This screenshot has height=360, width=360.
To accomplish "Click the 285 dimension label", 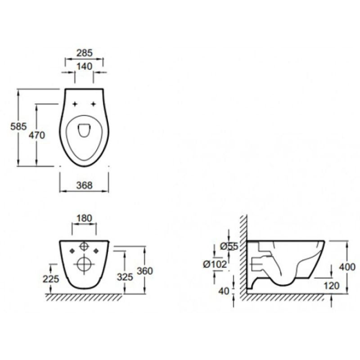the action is (84, 53).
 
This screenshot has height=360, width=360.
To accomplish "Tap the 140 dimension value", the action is (84, 66).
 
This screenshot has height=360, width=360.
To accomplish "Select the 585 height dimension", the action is (18, 126).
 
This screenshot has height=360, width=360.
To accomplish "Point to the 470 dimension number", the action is (37, 135).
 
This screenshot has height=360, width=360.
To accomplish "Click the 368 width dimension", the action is (84, 185).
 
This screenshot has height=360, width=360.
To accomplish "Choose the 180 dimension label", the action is (84, 218).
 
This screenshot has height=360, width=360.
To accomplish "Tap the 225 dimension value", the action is (51, 279).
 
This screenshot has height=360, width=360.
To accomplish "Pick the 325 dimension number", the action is (125, 277).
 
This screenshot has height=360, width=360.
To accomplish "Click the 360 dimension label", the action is (145, 271).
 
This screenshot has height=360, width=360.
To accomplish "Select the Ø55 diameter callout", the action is (229, 247).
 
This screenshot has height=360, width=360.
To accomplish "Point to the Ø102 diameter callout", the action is (215, 265).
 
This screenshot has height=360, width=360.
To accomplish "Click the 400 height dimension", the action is (347, 267).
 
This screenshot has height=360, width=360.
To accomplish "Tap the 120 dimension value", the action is (331, 286).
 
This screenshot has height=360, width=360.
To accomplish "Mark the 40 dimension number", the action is (224, 291).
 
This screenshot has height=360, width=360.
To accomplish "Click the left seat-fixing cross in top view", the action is (74, 104).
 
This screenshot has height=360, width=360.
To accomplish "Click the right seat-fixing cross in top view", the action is (93, 104).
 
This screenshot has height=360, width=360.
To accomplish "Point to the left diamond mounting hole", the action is (72, 251).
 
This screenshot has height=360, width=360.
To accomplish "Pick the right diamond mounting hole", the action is (96, 251).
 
